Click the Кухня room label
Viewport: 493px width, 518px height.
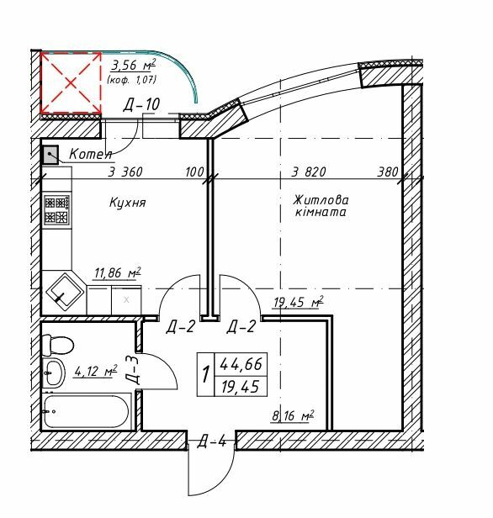tap(128, 203)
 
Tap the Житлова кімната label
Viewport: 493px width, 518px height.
tap(320, 207)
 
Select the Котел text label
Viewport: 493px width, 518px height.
tap(91, 153)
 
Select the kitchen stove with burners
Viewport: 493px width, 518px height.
tap(56, 209)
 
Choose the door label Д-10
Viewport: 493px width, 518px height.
tap(142, 105)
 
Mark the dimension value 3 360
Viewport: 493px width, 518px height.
tap(125, 172)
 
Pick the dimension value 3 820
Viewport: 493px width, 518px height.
tap(308, 172)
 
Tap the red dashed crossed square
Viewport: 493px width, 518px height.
tap(71, 82)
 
